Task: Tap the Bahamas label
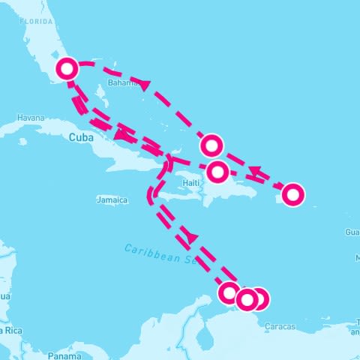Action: point(121,82)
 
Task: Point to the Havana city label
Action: point(31,118)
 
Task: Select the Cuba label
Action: point(81,137)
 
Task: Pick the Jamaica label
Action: point(112,200)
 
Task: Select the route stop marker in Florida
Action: point(67,68)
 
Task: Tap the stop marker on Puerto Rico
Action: point(293,194)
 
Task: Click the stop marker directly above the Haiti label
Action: point(217,172)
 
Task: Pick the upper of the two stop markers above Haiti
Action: point(212,144)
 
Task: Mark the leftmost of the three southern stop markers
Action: point(229,292)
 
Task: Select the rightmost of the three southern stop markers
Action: point(259,299)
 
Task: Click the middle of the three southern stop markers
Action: point(247,300)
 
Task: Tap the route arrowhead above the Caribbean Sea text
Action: point(192,237)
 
